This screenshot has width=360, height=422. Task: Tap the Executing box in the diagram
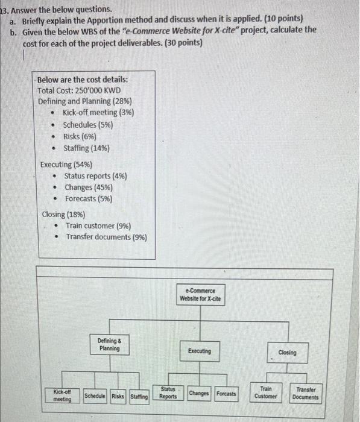(x=199, y=351)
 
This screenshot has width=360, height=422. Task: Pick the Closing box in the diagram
(x=287, y=352)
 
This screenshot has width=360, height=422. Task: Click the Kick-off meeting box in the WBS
(x=63, y=395)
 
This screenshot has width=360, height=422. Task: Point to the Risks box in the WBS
(x=119, y=396)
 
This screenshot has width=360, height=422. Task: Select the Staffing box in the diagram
(x=139, y=396)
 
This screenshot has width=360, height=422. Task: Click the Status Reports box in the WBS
(x=168, y=393)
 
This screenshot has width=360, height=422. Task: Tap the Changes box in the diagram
(x=199, y=394)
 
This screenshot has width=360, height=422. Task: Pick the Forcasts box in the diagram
(x=226, y=394)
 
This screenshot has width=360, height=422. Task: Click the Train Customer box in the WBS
(x=265, y=393)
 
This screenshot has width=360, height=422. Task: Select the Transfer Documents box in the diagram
(x=306, y=393)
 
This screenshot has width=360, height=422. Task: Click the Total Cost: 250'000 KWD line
(x=79, y=90)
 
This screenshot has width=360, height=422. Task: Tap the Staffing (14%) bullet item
(x=86, y=148)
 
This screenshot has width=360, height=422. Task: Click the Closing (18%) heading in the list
(x=63, y=214)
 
